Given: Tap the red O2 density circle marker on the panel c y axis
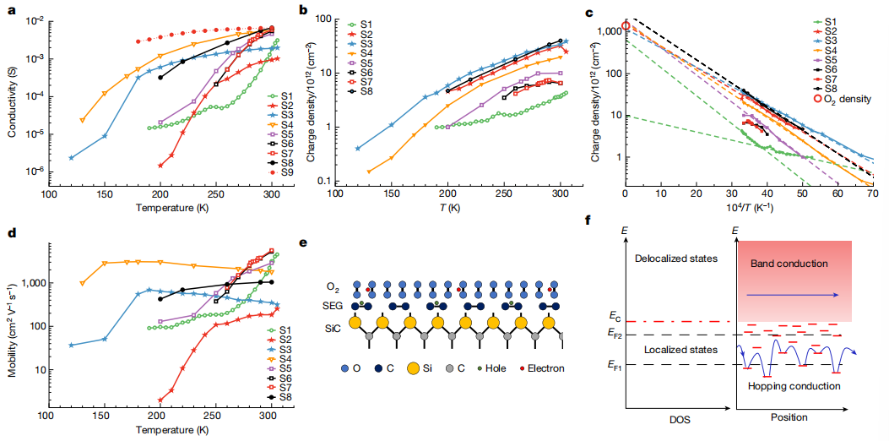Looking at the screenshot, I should (x=626, y=26).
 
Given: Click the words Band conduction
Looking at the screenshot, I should (x=789, y=264).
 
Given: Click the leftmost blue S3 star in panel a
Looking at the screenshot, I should (x=72, y=157).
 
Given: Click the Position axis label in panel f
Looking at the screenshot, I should (x=789, y=416).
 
